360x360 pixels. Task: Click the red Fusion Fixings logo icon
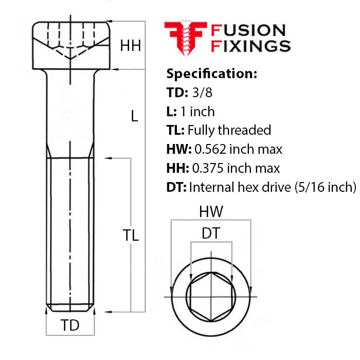point(185,38)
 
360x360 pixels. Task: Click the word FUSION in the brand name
point(248,30)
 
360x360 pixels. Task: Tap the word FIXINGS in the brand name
point(251,46)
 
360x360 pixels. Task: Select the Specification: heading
point(211,74)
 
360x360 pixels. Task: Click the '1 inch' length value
point(197,112)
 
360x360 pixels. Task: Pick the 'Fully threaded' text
point(229,131)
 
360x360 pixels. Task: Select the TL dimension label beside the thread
point(131,236)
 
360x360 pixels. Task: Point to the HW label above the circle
point(211,212)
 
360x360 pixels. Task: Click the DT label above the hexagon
point(211,233)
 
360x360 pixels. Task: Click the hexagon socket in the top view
point(210,297)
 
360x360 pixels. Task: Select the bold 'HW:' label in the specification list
point(178,150)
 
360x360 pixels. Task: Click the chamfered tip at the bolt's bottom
point(70,308)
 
